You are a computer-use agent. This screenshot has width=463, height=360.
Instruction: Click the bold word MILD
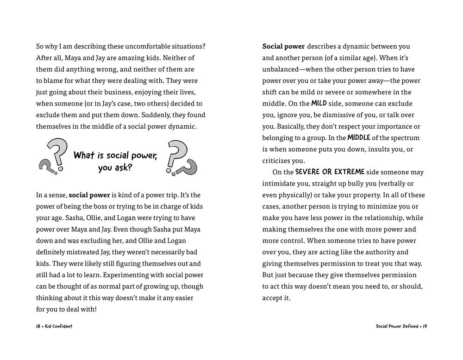pos(319,104)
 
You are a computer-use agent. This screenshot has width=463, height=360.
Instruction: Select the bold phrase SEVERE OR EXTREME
pos(330,172)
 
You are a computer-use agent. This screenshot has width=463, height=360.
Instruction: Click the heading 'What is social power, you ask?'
pos(115,161)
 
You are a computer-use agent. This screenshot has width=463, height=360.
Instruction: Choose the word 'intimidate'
pos(279,184)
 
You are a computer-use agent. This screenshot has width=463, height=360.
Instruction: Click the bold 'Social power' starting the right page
pos(283,47)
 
